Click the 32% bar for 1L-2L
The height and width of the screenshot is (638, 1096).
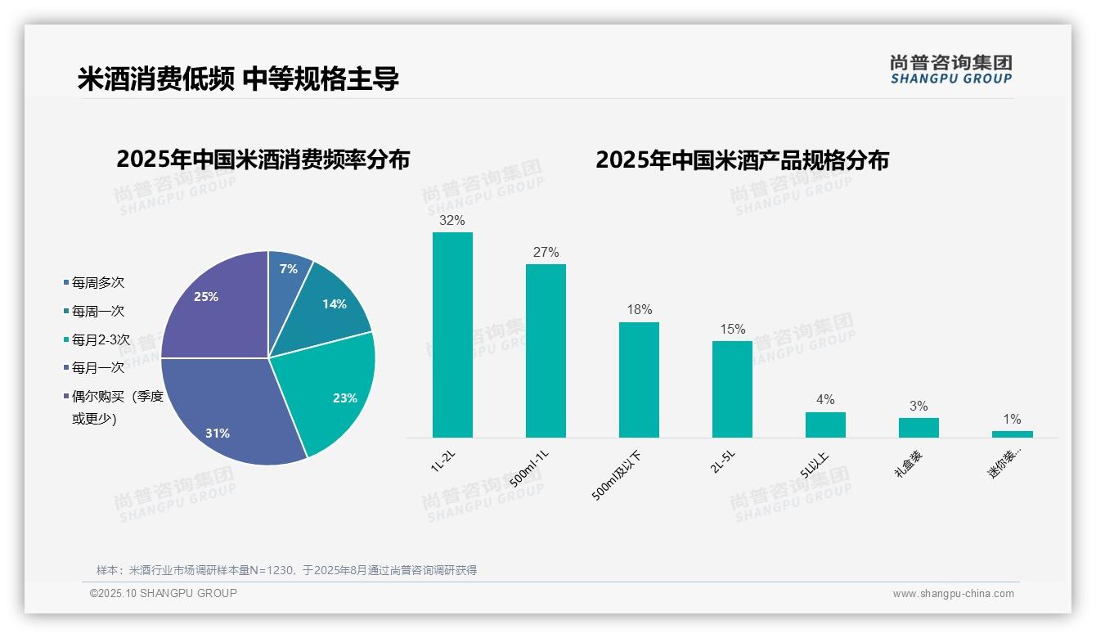pyautogui.click(x=452, y=335)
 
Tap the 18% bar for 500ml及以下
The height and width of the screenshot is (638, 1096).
pyautogui.click(x=639, y=380)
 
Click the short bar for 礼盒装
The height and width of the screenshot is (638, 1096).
pyautogui.click(x=919, y=427)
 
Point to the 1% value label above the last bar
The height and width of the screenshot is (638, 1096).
pyautogui.click(x=1012, y=420)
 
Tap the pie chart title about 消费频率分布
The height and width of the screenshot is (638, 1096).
pyautogui.click(x=263, y=159)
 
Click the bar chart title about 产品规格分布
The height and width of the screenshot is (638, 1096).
pyautogui.click(x=742, y=160)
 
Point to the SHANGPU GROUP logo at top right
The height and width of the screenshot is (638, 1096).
pyautogui.click(x=951, y=70)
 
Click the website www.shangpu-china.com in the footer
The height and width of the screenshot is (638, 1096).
pyautogui.click(x=953, y=594)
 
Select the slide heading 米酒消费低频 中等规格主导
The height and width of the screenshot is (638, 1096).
pyautogui.click(x=238, y=79)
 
